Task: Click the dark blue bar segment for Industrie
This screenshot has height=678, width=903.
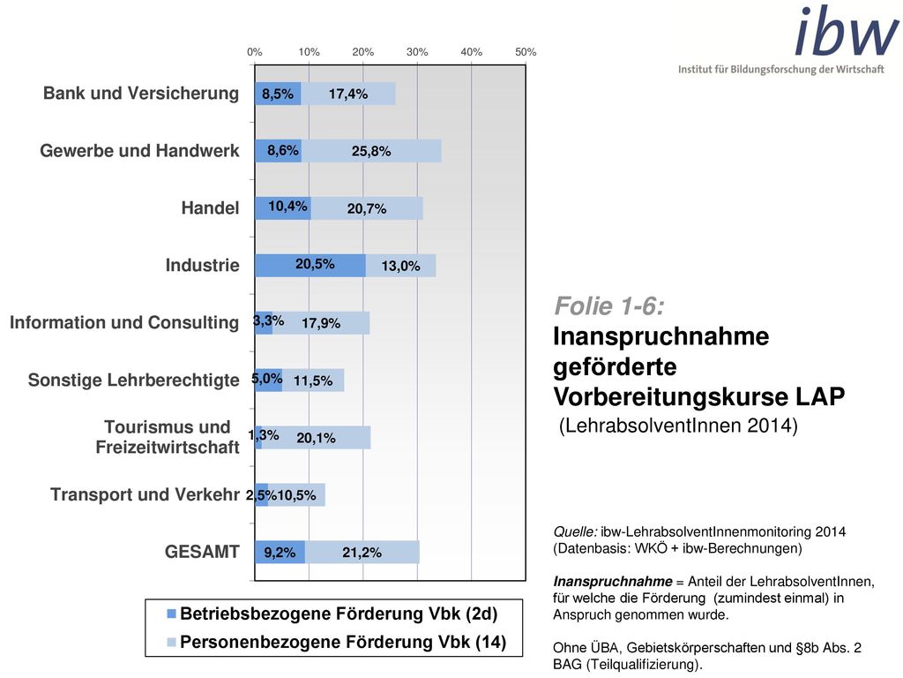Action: point(310,265)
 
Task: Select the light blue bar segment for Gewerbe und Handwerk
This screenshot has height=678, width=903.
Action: point(371,151)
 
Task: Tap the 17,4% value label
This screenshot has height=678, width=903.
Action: point(348,94)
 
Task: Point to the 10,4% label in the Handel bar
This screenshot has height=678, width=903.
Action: point(288,207)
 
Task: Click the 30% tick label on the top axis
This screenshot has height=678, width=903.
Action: point(417,52)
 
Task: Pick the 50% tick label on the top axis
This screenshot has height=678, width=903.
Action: point(526,52)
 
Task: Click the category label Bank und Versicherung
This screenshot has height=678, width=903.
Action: point(141,94)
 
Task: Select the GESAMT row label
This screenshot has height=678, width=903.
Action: point(202,552)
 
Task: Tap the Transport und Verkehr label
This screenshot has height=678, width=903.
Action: point(145,494)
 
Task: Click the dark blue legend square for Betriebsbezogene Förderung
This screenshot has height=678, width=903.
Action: point(171,614)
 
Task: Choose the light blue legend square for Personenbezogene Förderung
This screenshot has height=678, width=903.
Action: point(171,643)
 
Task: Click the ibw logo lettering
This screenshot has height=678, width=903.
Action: point(847,31)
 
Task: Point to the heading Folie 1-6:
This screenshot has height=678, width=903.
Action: point(609,306)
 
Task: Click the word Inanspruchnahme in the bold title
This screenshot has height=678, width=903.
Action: point(661,336)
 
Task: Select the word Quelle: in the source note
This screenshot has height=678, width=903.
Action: point(575,531)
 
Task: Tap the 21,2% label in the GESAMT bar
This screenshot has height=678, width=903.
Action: point(362,553)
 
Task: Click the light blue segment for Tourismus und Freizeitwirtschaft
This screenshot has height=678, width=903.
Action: point(317,438)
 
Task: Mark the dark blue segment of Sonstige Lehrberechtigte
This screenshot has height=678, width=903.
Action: point(268,380)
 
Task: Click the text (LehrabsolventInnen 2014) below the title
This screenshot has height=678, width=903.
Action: point(678,426)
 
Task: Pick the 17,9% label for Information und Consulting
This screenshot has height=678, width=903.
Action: point(321,323)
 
